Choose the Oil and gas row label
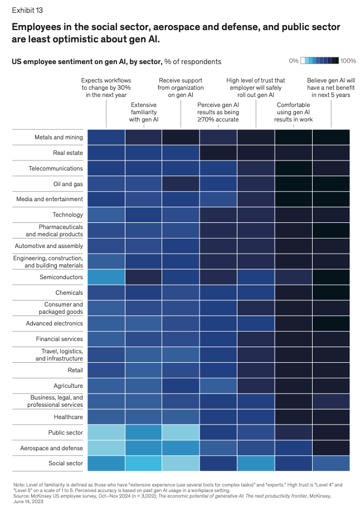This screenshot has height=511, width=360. pos(67,184)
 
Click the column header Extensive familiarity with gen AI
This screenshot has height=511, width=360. pos(143,111)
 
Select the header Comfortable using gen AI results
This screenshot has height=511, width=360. pos(294,111)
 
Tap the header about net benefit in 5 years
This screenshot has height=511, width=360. pos(331,87)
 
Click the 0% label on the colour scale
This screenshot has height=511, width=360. pos(294,60)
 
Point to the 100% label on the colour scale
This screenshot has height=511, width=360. pos(348,60)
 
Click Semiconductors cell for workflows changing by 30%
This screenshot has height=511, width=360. pos(106,277)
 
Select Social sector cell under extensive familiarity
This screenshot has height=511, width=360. pos(143,464)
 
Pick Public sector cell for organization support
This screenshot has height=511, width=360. pos(181,432)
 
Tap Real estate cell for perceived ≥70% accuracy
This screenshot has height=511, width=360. pos(218,153)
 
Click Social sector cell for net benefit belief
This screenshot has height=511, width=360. pos(331,464)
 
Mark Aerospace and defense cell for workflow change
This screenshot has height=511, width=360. pos(106,448)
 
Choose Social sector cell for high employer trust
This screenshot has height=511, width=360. pos(256,464)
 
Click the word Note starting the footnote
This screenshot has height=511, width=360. pos(19,484)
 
